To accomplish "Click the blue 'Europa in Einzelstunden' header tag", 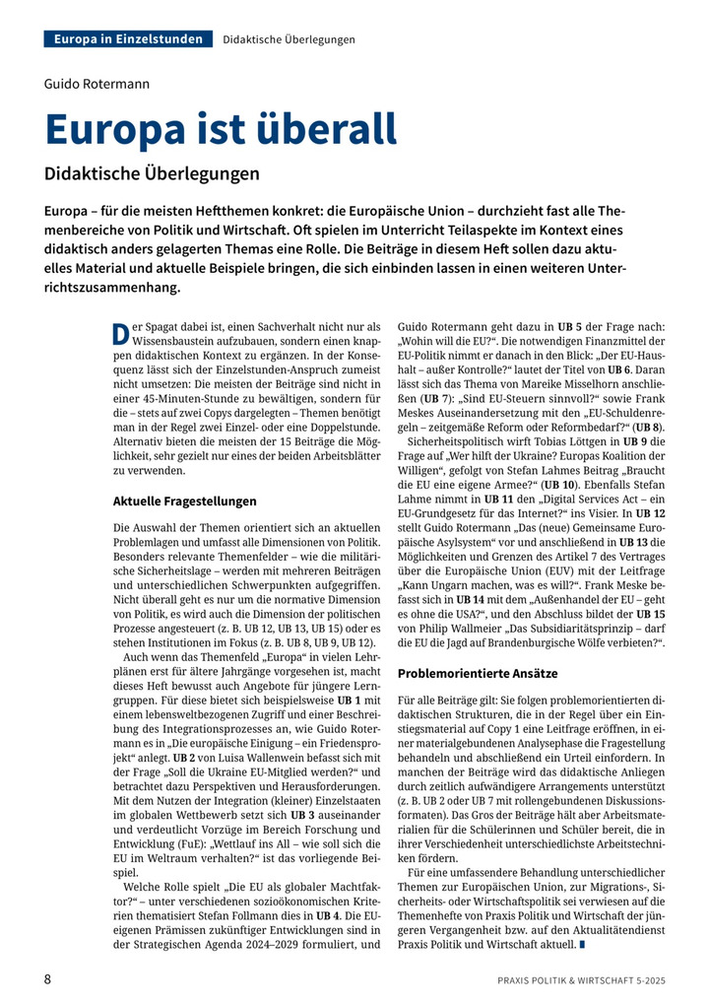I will [x=129, y=39].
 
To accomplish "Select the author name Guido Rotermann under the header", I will [x=97, y=84].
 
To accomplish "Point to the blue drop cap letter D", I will [x=120, y=332].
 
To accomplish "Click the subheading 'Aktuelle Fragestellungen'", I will [x=184, y=502].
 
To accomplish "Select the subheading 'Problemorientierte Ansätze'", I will [x=478, y=673].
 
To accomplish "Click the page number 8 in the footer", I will [x=48, y=979].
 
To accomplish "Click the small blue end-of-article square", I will [x=583, y=945].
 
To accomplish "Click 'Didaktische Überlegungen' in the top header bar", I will [x=290, y=39].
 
